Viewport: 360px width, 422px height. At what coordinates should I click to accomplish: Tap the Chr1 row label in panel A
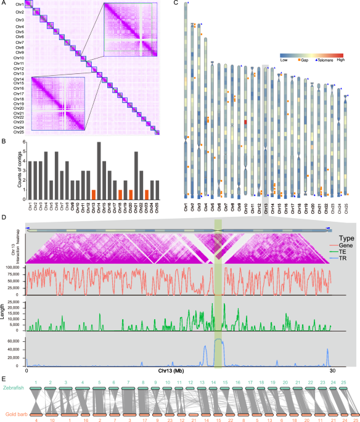20,6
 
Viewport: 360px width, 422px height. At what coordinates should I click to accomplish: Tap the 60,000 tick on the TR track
14,339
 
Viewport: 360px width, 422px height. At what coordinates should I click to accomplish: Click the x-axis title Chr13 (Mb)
179,372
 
